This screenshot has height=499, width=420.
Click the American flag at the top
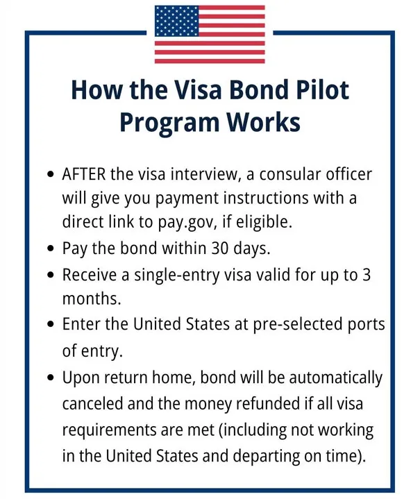210,34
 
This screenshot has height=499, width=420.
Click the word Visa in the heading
177,90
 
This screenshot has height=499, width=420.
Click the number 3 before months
367,275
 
